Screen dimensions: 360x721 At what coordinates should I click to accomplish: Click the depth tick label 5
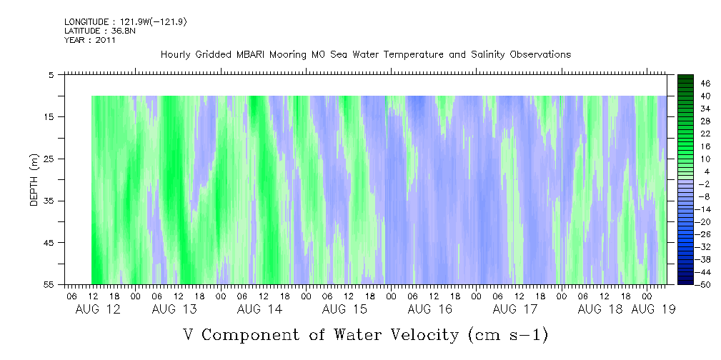pos(51,74)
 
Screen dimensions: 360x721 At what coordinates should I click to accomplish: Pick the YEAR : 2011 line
pos(90,40)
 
